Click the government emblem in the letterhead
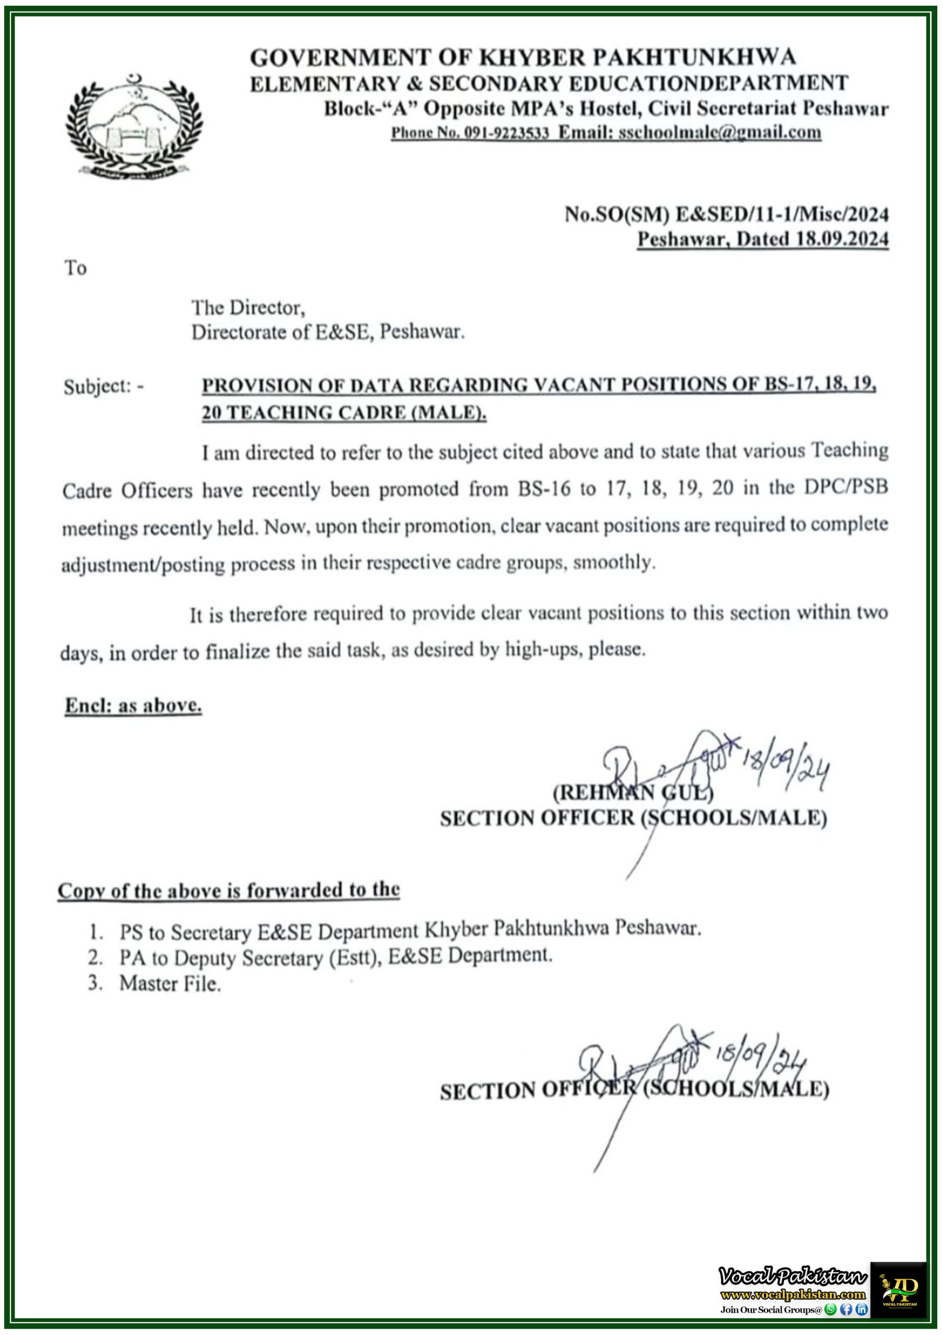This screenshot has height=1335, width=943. coord(135,126)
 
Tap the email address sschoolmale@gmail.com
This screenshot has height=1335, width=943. coord(719,132)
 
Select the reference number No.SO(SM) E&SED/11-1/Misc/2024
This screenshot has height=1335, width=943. coord(726,214)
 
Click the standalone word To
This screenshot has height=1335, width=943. coord(76,268)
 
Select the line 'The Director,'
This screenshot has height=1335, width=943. coord(248,307)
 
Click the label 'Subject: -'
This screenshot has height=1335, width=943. coord(104,386)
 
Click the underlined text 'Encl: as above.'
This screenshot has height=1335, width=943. coord(133,705)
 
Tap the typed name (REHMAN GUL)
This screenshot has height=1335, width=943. coord(632,792)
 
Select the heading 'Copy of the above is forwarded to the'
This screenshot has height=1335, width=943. coord(228,890)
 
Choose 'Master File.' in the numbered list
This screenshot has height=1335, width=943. coord(170,983)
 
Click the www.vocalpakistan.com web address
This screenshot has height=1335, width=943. coord(792,1294)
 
